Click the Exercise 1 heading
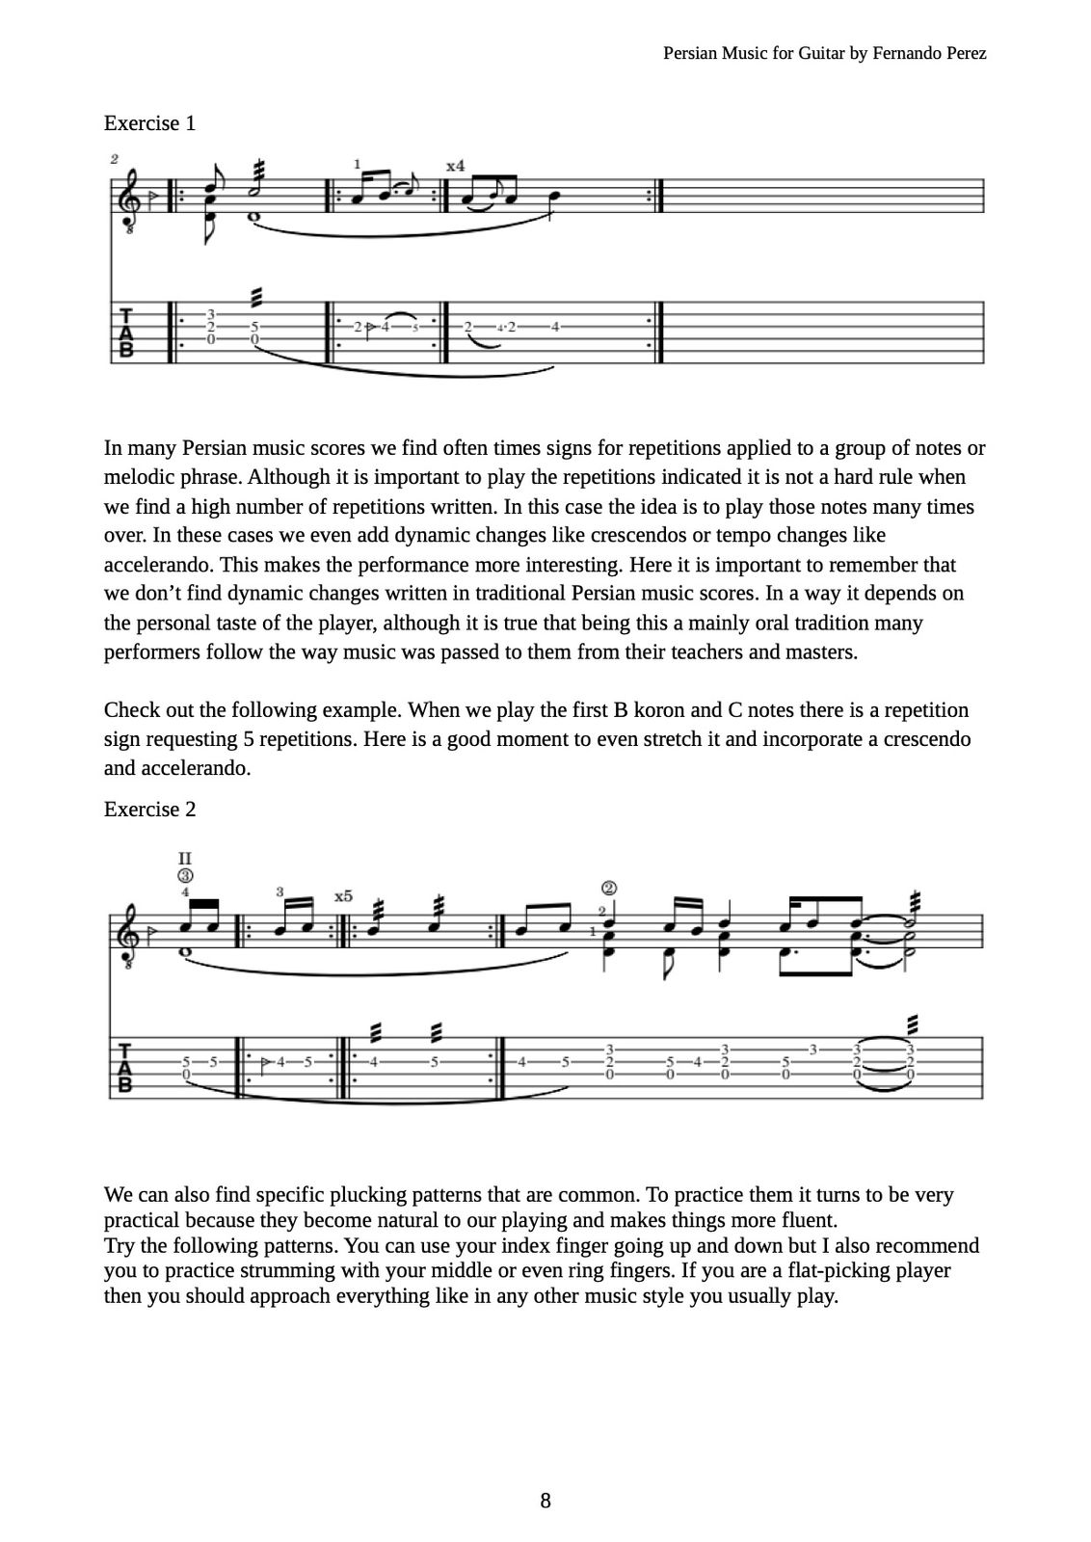tap(149, 123)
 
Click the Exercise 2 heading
tap(149, 810)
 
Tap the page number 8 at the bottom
tap(545, 1501)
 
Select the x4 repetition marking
tap(455, 166)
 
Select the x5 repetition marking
tap(343, 896)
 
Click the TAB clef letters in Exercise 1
tap(125, 332)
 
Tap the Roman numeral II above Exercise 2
tap(185, 858)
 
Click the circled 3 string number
tap(185, 876)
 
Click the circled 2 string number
tap(608, 889)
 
